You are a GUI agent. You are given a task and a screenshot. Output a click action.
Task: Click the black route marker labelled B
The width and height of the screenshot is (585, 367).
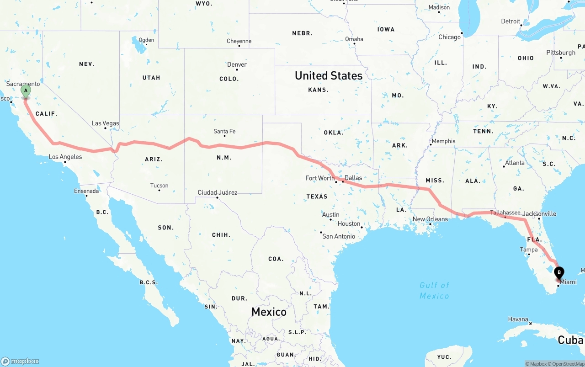coord(558,273)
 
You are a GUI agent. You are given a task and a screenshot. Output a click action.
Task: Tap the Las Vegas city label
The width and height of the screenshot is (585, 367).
coord(105,123)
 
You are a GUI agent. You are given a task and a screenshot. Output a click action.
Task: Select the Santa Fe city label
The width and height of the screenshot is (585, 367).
coord(224,132)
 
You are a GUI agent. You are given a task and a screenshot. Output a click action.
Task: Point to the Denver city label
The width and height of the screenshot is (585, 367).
coord(237,65)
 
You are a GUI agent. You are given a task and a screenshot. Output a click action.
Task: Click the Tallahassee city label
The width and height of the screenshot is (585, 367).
coord(505,213)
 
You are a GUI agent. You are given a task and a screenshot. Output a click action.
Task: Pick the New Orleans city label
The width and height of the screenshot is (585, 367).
coord(430,219)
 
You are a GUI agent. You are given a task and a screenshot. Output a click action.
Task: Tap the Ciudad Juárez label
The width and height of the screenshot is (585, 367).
coord(217,192)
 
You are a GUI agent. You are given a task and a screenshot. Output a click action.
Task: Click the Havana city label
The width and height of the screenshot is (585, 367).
coord(518,319)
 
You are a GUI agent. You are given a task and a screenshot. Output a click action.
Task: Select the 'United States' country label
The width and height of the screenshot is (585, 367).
coord(328,76)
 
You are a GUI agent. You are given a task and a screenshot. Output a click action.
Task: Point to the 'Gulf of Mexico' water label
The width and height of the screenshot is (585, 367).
coord(434,290)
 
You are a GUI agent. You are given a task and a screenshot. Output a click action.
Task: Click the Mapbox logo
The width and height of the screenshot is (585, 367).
coord(20,361)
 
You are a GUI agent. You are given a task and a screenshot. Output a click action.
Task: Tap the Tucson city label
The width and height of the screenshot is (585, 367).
coord(159,186)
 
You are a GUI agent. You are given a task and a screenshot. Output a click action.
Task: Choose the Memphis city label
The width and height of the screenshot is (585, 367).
coord(443,141)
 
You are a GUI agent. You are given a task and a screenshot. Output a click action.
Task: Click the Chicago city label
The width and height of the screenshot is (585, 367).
coord(449,37)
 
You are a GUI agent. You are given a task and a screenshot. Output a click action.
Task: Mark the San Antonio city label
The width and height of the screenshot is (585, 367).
coord(339,236)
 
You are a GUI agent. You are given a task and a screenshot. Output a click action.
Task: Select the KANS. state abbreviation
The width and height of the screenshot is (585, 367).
coord(318,90)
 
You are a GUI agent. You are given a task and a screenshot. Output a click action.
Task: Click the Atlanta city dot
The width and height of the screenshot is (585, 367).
coord(504,167)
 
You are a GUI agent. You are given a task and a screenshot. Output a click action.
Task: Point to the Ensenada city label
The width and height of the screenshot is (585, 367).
coord(86,191)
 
